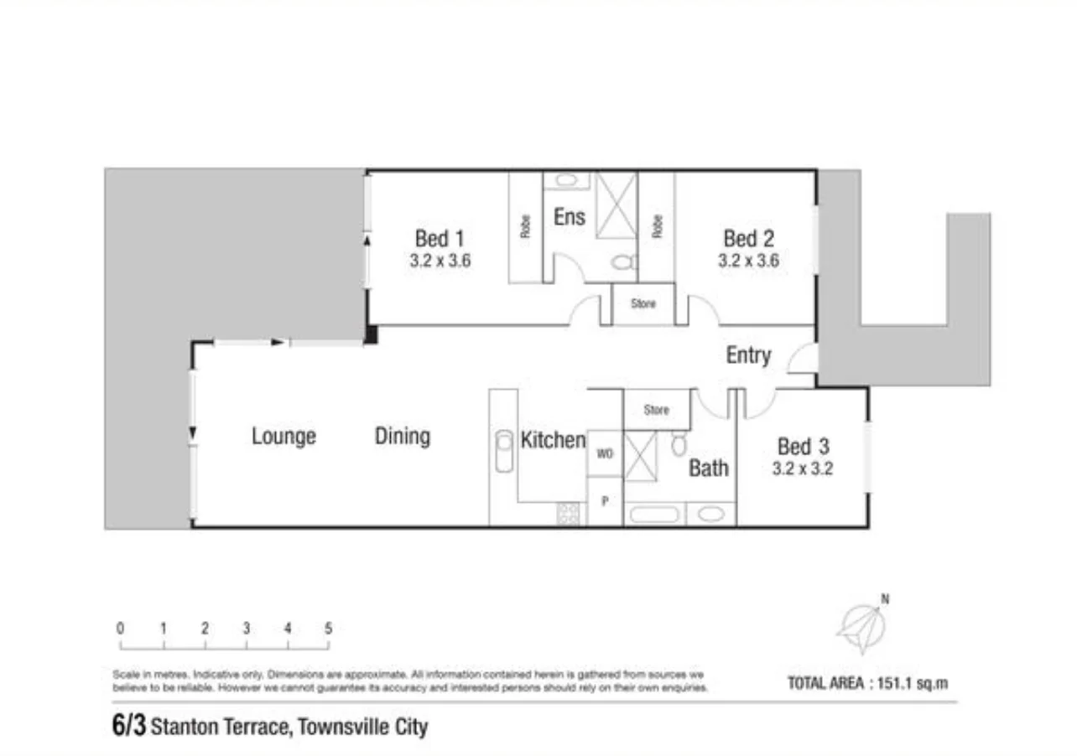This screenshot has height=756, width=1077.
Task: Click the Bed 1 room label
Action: tap(440, 239)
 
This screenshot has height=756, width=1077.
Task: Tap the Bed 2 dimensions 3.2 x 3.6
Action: tap(748, 261)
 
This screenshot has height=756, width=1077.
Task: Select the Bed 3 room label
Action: tap(802, 446)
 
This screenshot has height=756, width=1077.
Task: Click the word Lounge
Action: tap(284, 436)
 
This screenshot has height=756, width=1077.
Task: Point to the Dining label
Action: tap(403, 436)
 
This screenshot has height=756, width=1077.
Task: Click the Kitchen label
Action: tap(553, 440)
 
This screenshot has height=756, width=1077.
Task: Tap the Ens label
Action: tap(569, 217)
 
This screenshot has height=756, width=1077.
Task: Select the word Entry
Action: tap(747, 355)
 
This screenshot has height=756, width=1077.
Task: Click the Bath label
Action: tap(709, 467)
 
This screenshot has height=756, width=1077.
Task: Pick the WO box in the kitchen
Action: tap(604, 453)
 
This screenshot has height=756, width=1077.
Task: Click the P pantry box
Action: tap(604, 501)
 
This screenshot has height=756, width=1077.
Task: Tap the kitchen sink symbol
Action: tap(504, 451)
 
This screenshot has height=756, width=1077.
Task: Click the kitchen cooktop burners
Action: tap(569, 513)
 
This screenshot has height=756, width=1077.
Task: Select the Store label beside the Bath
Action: tap(656, 410)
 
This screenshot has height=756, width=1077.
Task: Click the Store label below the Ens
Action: tap(643, 303)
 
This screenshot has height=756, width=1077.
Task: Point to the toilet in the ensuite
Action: tap(622, 262)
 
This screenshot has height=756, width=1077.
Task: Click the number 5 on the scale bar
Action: tap(329, 629)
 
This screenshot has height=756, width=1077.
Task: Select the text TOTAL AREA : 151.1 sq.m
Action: tap(868, 683)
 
